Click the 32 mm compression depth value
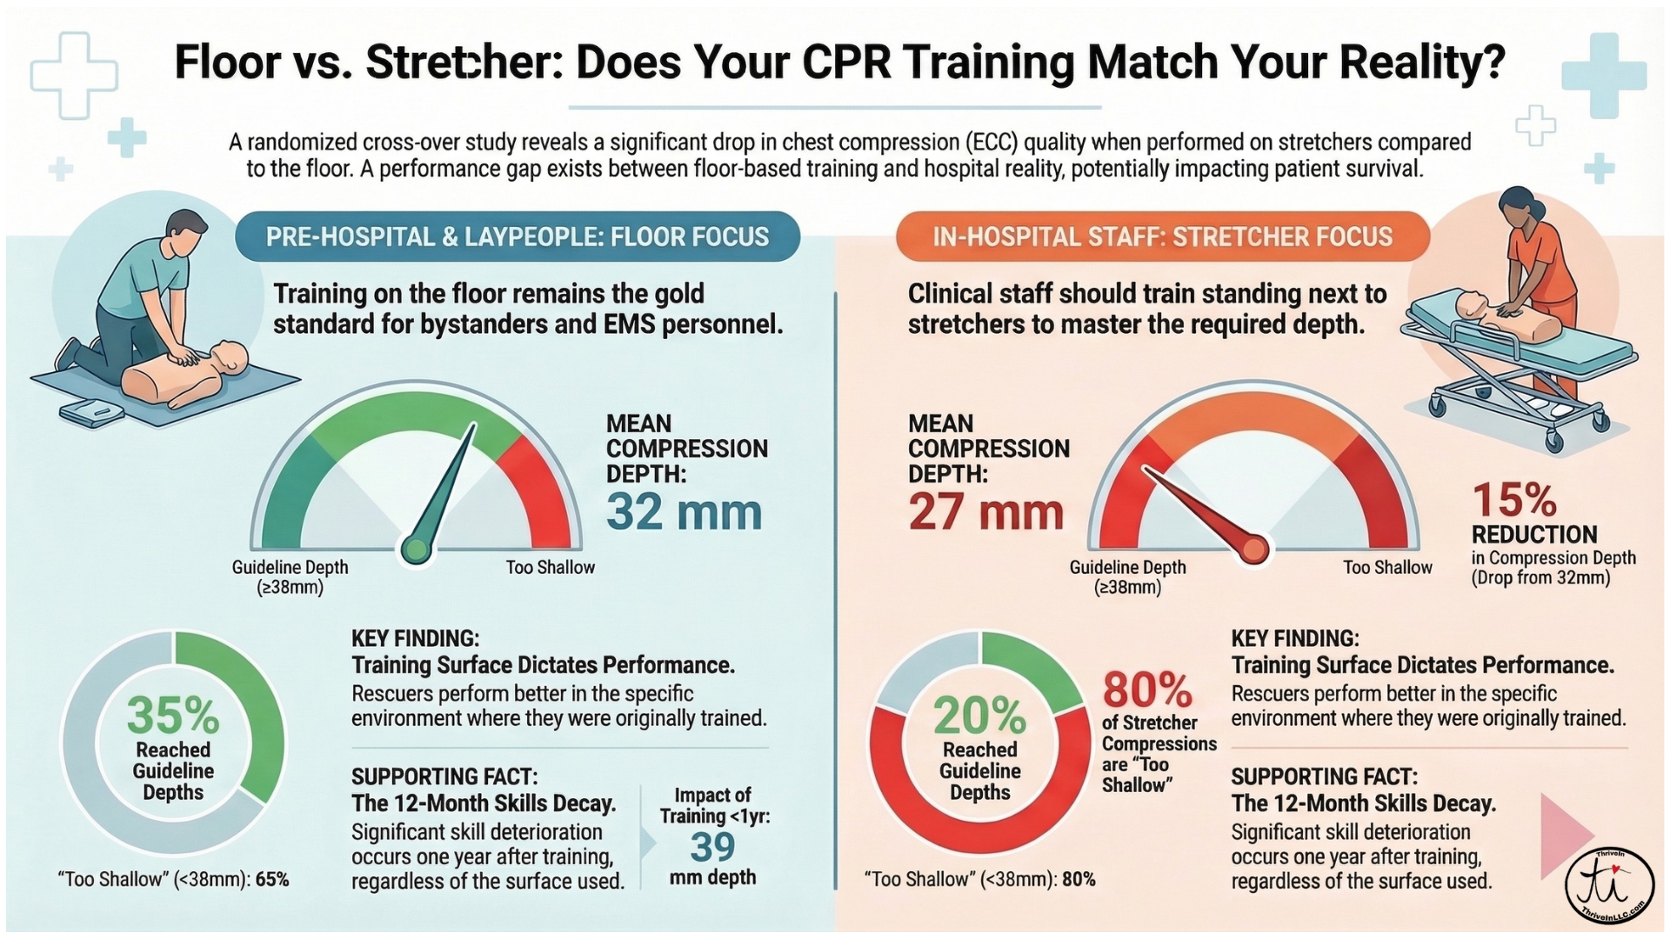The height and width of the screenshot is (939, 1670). (684, 512)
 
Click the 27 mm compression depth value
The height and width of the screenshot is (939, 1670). (985, 512)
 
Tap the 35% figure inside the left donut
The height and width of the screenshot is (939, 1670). (172, 716)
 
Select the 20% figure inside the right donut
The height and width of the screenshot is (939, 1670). (979, 716)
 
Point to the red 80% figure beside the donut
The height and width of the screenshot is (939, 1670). (1147, 691)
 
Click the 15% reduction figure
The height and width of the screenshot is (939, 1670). (1514, 501)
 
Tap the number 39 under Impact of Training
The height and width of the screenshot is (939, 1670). (712, 847)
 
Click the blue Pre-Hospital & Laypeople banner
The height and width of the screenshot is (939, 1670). (518, 236)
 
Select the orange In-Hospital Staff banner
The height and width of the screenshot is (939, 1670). (1162, 236)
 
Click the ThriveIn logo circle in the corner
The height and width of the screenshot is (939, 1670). (1609, 887)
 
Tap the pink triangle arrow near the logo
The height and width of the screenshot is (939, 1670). (1564, 836)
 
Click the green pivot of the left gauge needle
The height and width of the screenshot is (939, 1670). (416, 549)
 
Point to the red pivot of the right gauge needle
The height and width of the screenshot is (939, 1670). (1253, 549)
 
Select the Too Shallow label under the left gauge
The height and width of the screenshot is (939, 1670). (551, 568)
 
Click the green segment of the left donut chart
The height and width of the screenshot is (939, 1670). (257, 713)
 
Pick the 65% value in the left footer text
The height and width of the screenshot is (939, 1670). (272, 880)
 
